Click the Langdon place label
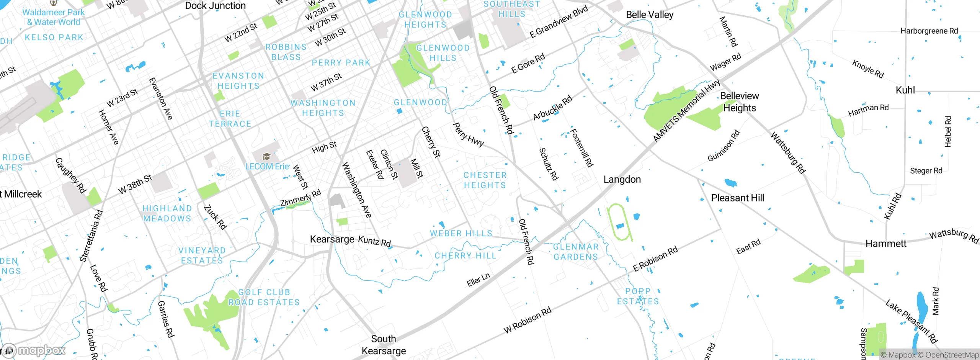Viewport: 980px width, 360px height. point(622,179)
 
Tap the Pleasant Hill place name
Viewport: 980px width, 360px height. point(737,198)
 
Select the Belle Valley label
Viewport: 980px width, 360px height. point(650,15)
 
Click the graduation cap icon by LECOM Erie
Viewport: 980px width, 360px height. point(266,157)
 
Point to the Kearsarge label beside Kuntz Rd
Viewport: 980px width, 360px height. point(332,239)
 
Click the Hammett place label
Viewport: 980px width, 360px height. point(886,244)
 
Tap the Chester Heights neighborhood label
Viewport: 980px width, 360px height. point(485,180)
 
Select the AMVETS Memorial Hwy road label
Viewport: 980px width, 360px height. point(686,110)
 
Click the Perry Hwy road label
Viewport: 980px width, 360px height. point(468,134)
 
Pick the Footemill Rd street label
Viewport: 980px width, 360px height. point(581,148)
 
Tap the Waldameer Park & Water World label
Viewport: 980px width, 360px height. point(53,17)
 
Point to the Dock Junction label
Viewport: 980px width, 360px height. point(215,6)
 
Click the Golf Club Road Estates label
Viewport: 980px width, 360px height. point(264,297)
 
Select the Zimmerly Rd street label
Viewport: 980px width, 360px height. point(300,198)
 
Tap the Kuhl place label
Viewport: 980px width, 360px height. point(905,90)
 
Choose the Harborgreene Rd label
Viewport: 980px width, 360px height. point(929,31)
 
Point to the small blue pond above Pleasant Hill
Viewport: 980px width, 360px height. point(730,183)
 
